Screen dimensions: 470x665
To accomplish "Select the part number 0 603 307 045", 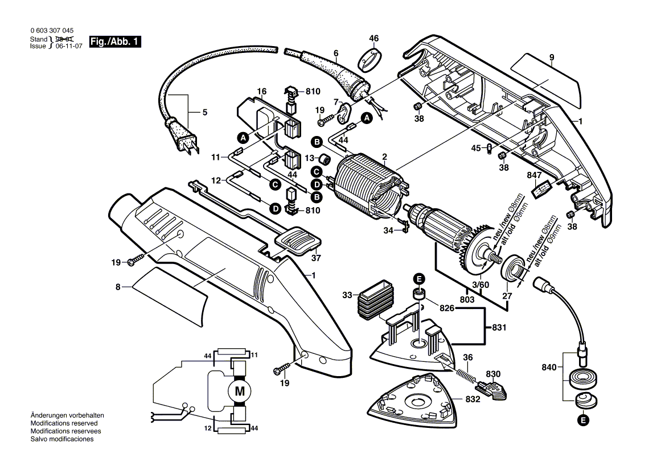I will coord(51,31).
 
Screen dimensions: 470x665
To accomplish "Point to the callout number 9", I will coord(552,57).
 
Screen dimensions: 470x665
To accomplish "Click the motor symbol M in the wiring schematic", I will coord(239,391).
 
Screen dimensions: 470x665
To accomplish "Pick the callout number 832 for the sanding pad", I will coord(473,399).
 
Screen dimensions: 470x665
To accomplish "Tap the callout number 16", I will coord(261,92).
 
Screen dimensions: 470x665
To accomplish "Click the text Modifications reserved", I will coord(64,423).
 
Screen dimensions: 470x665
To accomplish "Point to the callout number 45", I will coord(477,149).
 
